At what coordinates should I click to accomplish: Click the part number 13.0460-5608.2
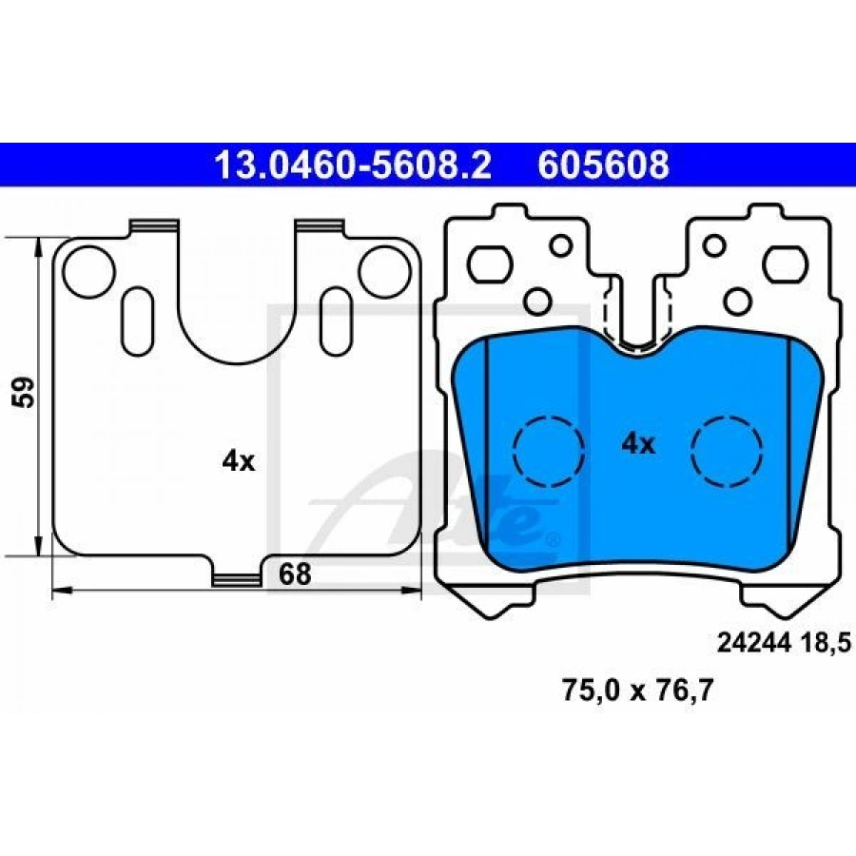coord(353,165)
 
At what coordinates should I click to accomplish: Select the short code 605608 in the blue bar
coord(603,165)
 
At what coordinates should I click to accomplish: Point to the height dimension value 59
coord(25,392)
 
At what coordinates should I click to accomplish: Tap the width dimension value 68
coord(295,574)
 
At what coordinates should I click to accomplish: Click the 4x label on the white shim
coord(239,462)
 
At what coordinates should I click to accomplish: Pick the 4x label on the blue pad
coord(637,444)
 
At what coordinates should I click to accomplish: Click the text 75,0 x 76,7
coord(637,691)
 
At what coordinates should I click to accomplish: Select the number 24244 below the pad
coord(753,643)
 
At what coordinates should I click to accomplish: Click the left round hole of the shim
coord(88,272)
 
